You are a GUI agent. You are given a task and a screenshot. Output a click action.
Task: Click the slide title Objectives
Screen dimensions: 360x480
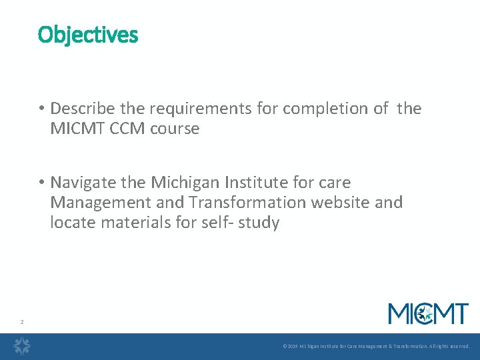click(88, 34)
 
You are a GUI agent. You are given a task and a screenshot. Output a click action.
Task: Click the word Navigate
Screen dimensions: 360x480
click(79, 182)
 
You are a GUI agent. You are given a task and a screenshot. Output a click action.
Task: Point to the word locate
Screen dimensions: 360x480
click(73, 222)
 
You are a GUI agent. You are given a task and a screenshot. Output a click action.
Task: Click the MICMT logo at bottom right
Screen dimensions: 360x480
click(428, 313)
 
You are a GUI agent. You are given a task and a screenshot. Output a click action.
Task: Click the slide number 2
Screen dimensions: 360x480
click(21, 322)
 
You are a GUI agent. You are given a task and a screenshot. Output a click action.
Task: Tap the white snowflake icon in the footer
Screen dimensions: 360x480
click(23, 346)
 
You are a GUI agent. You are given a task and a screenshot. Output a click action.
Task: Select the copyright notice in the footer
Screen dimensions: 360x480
click(376, 347)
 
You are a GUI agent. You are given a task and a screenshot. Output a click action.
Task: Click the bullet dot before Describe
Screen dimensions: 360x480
click(41, 109)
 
